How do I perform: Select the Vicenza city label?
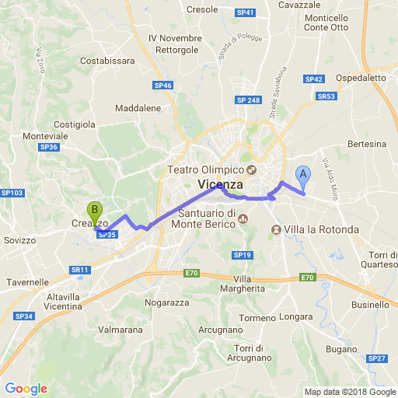[x=221, y=184]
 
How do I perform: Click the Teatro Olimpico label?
[x=205, y=170]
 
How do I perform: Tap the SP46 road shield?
[x=163, y=86]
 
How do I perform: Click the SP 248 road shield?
[x=248, y=100]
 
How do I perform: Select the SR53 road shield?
[x=326, y=96]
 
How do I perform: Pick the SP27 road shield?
[x=377, y=358]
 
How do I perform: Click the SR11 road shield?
[x=80, y=270]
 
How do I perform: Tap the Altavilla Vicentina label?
[x=79, y=302]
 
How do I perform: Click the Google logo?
[x=26, y=389]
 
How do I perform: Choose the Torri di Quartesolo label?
[x=382, y=260]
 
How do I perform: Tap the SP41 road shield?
[x=246, y=13]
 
